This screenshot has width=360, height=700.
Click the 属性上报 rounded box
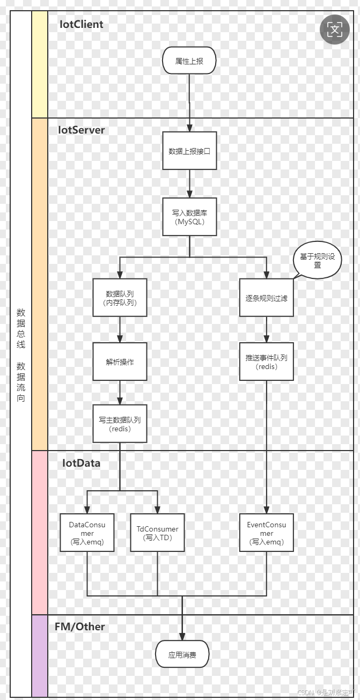pos(189,61)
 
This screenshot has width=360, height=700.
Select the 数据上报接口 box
pos(189,151)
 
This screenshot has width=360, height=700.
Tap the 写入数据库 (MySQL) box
pos(189,217)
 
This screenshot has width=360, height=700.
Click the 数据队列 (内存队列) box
pos(119,298)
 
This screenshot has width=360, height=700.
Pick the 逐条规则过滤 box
pos(266,298)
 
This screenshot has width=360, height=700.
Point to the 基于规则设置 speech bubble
pos(317,261)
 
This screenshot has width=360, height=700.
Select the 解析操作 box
pos(119,362)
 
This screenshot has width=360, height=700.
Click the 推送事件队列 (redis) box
pos(266,362)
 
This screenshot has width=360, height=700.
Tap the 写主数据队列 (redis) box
pos(119,424)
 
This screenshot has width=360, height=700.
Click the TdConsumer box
pos(157,533)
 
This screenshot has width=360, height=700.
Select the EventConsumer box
pos(266,533)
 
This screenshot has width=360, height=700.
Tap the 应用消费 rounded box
pos(182,654)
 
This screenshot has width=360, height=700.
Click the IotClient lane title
pos(82,25)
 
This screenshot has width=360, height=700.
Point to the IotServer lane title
pos(82,130)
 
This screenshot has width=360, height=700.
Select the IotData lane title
pos(82,463)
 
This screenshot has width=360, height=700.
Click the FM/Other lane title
pos(80,627)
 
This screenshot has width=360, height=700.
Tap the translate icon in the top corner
pos(334,30)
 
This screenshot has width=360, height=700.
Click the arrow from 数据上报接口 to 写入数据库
pos(189,183)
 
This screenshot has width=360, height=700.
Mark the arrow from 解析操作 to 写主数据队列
pos(119,393)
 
